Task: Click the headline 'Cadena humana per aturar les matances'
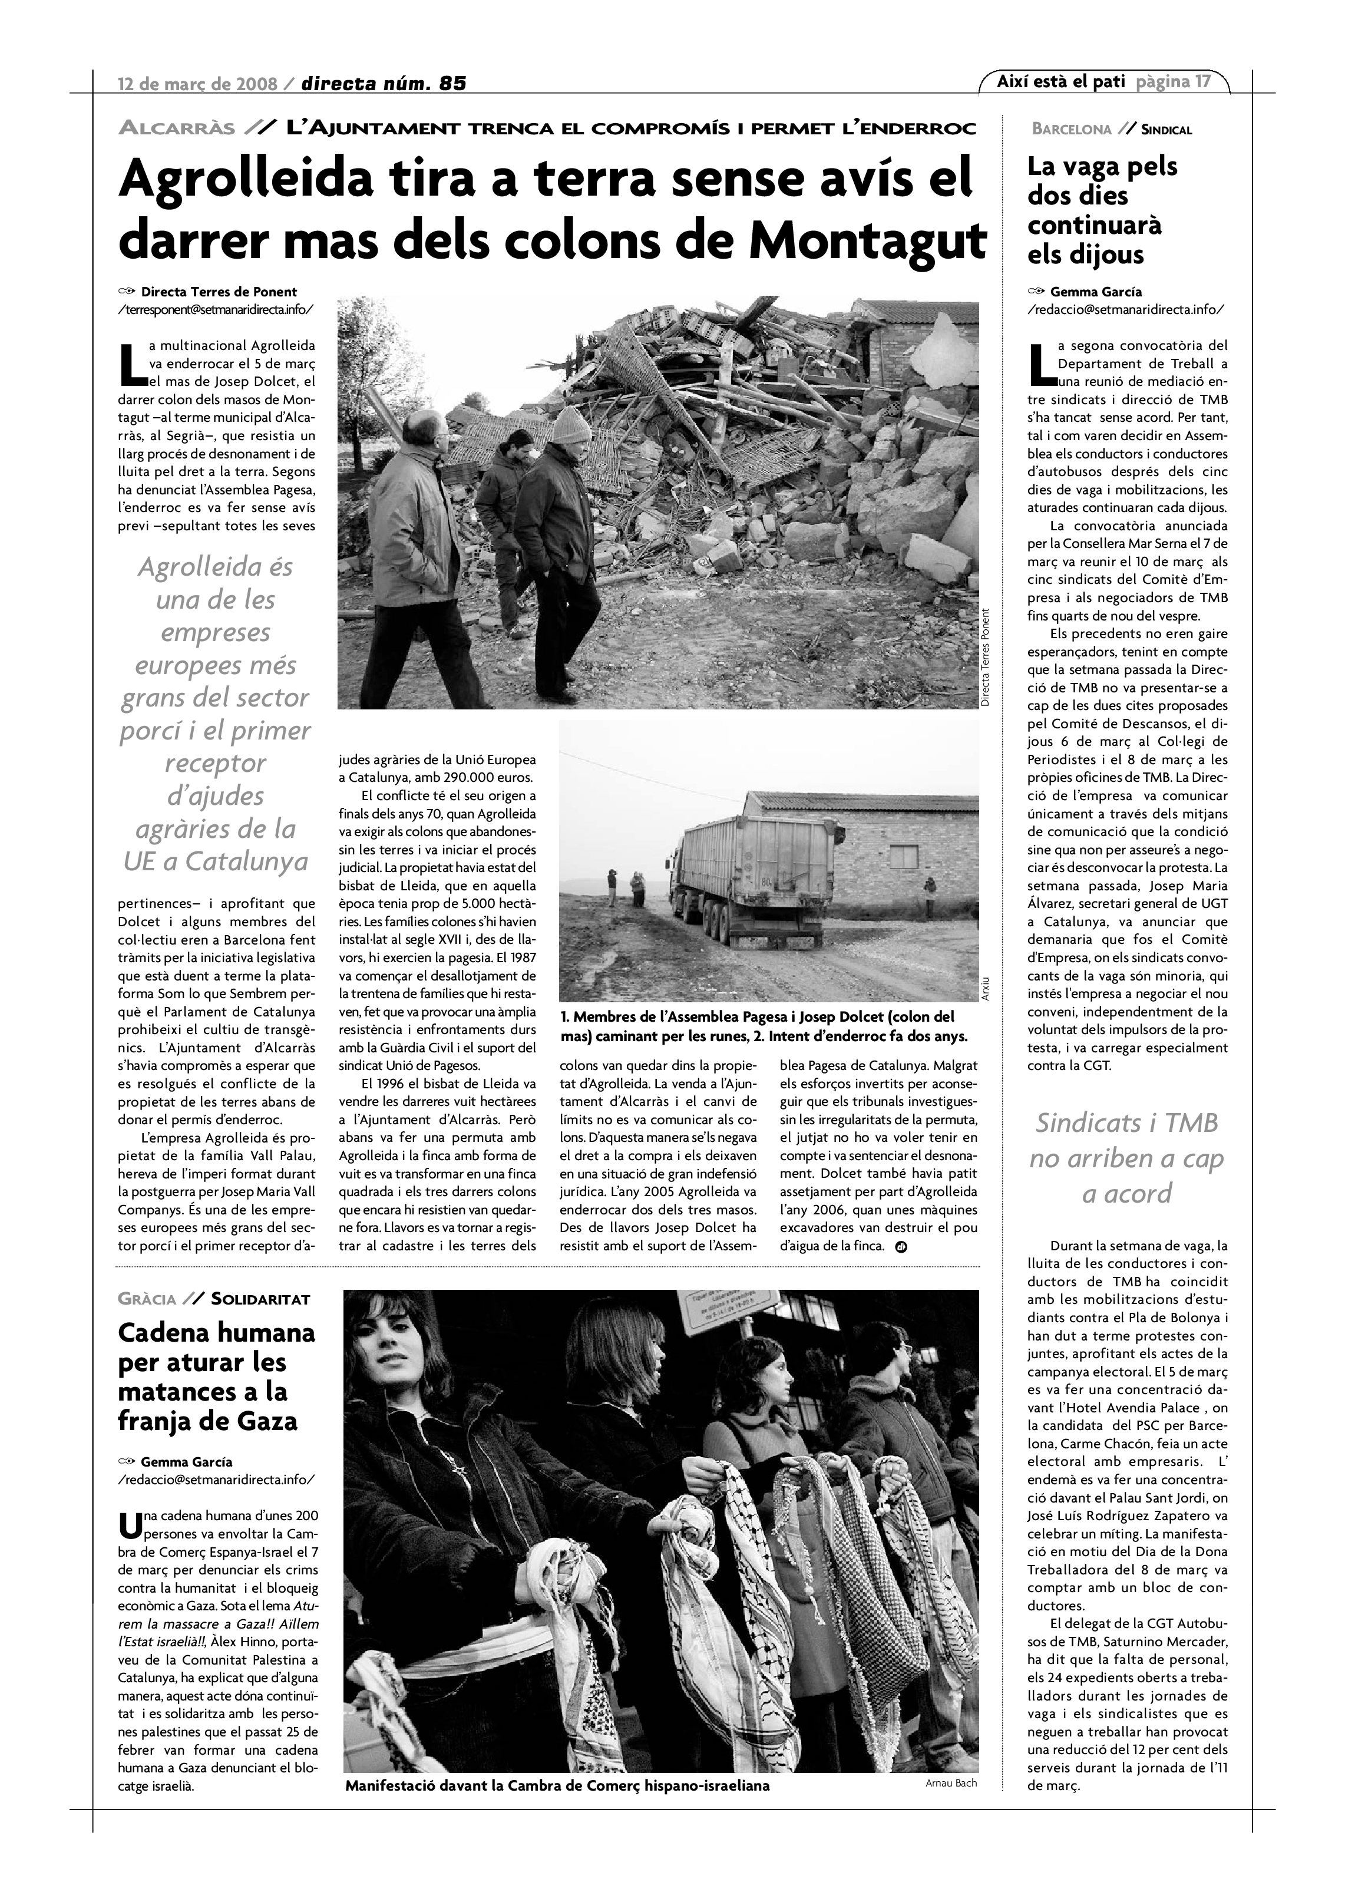pos(216,1376)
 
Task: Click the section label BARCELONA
pos(1071,129)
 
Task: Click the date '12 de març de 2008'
pos(199,84)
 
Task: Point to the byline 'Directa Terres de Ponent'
pos(219,292)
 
